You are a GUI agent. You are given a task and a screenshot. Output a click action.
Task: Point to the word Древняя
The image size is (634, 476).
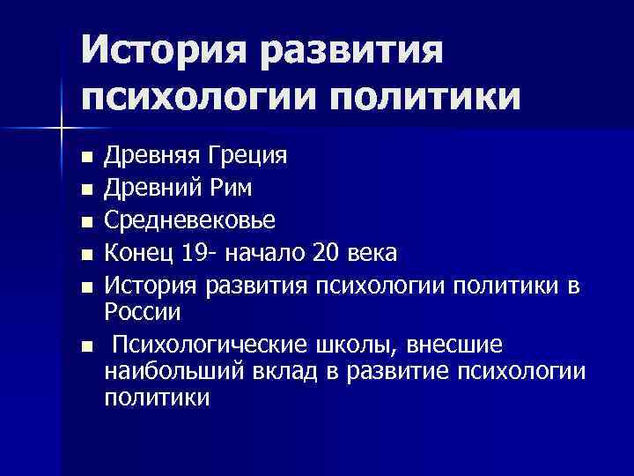coord(151,159)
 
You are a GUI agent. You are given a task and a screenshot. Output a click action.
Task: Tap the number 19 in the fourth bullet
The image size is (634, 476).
coord(193,254)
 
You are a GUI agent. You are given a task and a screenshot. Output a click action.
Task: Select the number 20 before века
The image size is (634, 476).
coord(326,254)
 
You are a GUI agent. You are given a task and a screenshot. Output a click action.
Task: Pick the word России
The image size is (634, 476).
coord(143,312)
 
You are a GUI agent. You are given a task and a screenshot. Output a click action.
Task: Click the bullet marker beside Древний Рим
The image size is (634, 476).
coord(85,189)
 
